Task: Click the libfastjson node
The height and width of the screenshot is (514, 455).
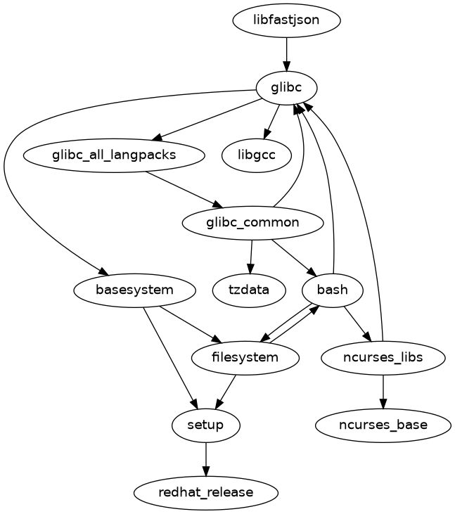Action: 286,20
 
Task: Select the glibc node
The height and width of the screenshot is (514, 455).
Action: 286,88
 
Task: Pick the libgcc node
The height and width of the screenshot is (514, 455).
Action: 257,155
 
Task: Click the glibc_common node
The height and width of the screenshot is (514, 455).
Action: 252,223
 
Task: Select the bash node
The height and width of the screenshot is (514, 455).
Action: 332,290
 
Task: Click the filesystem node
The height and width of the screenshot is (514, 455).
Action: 245,357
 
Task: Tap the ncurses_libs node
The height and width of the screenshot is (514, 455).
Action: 383,357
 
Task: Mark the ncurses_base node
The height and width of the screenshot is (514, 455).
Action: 383,425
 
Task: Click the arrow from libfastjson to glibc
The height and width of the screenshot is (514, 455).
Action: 286,53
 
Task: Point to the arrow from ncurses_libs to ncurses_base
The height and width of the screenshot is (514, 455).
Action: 383,391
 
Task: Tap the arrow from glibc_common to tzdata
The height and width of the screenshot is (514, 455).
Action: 251,256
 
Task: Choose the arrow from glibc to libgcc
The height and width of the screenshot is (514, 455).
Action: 273,120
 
